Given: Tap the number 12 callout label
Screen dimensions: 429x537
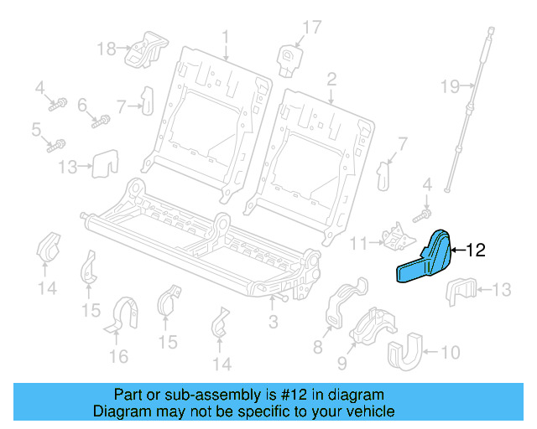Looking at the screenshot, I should pyautogui.click(x=475, y=249).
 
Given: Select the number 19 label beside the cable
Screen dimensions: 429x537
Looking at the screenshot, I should pyautogui.click(x=451, y=85).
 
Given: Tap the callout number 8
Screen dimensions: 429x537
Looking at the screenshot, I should pyautogui.click(x=317, y=346).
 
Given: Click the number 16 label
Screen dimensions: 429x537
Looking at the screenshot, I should pyautogui.click(x=118, y=357).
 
